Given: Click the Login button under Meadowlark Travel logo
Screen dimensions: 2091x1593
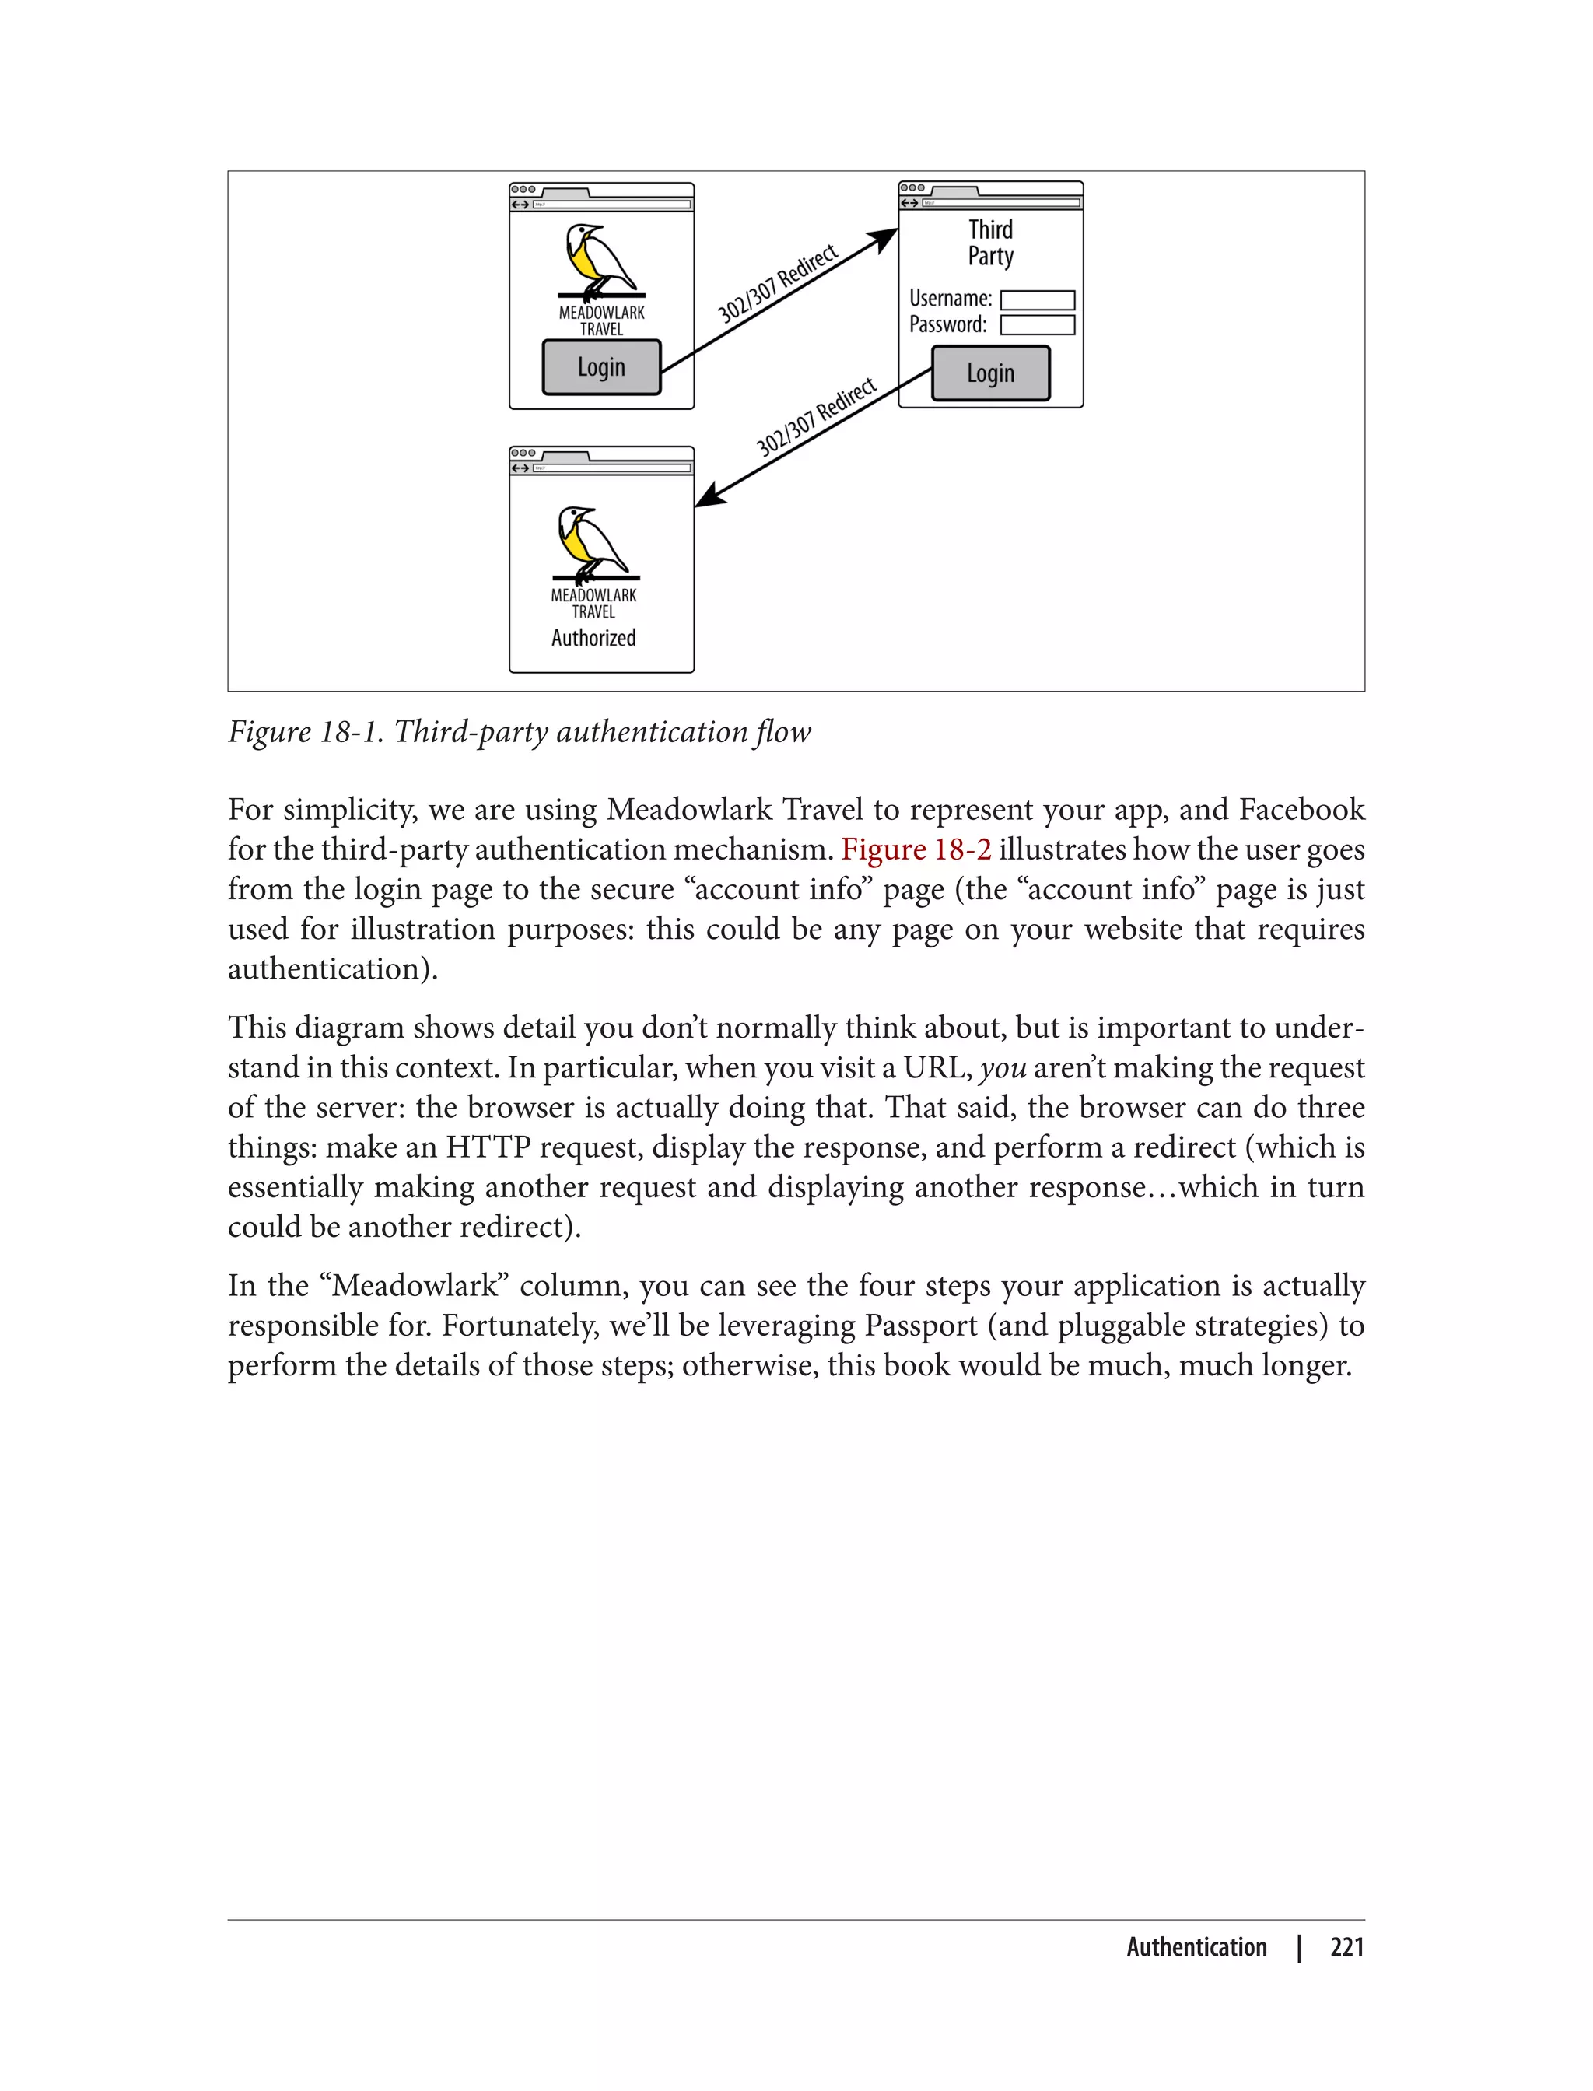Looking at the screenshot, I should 601,367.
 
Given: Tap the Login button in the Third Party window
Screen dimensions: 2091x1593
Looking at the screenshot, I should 990,373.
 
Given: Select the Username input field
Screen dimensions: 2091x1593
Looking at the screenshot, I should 1038,299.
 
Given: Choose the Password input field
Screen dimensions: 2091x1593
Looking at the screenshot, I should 1038,325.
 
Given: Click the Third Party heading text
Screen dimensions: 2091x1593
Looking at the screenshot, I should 990,243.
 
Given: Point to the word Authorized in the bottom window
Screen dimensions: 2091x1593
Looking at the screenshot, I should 593,638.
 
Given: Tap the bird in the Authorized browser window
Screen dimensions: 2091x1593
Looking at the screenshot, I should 590,541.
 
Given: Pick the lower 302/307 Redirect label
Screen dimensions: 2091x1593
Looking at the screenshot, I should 815,417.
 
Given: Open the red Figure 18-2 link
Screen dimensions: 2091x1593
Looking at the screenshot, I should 916,849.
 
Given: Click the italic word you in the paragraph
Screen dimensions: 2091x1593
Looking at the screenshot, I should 1003,1068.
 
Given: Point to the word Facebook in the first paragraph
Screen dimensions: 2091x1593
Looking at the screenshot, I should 1302,810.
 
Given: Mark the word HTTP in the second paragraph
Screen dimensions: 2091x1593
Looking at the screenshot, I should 488,1147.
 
